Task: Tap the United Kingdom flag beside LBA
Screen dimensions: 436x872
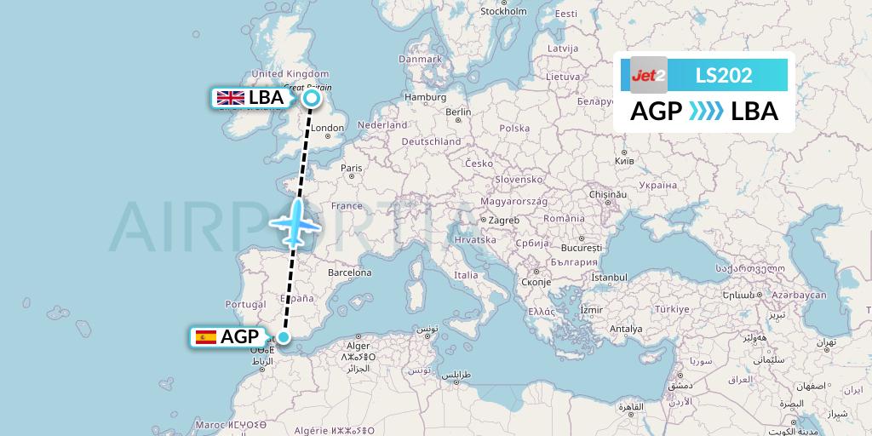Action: pos(230,98)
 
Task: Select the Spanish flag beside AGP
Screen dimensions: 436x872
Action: pos(205,337)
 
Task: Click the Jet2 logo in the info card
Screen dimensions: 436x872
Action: pos(649,75)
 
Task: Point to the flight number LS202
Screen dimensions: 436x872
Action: pos(724,75)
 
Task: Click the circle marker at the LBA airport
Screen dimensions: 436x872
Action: pos(312,99)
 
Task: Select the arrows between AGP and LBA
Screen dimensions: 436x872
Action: pos(705,112)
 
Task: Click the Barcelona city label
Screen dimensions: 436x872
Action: pos(349,273)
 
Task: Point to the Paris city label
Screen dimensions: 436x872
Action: pos(352,169)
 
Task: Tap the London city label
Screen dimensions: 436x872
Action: pos(327,129)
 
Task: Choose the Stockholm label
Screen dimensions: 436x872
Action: pos(503,12)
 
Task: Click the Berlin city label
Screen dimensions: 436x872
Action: pos(457,112)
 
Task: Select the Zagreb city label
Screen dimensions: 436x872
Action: pos(502,221)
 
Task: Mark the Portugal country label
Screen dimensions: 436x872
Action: pos(245,305)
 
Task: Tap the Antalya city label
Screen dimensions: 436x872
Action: pos(626,329)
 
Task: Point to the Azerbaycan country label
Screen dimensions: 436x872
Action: pos(799,295)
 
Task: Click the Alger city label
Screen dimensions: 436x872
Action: pos(358,347)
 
